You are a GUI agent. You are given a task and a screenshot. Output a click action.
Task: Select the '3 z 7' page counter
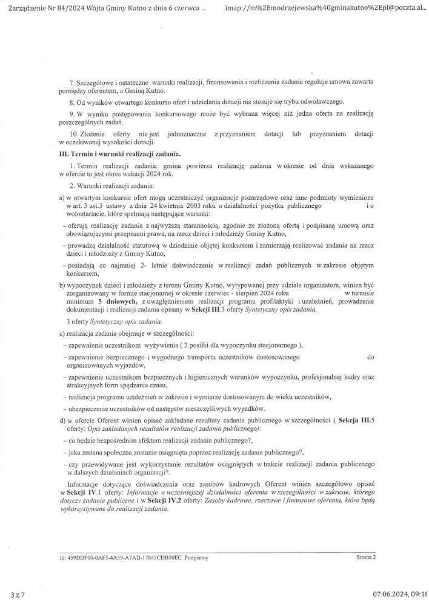[x=17, y=594]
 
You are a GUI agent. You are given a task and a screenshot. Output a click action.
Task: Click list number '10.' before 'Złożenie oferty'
[x=75, y=133]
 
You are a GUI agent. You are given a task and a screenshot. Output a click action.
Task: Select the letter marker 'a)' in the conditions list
[x=61, y=199]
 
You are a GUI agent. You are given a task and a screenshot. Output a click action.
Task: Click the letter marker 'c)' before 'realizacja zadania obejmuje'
[x=61, y=334]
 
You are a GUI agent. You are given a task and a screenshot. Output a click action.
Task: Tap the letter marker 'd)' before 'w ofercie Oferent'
[x=61, y=420]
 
